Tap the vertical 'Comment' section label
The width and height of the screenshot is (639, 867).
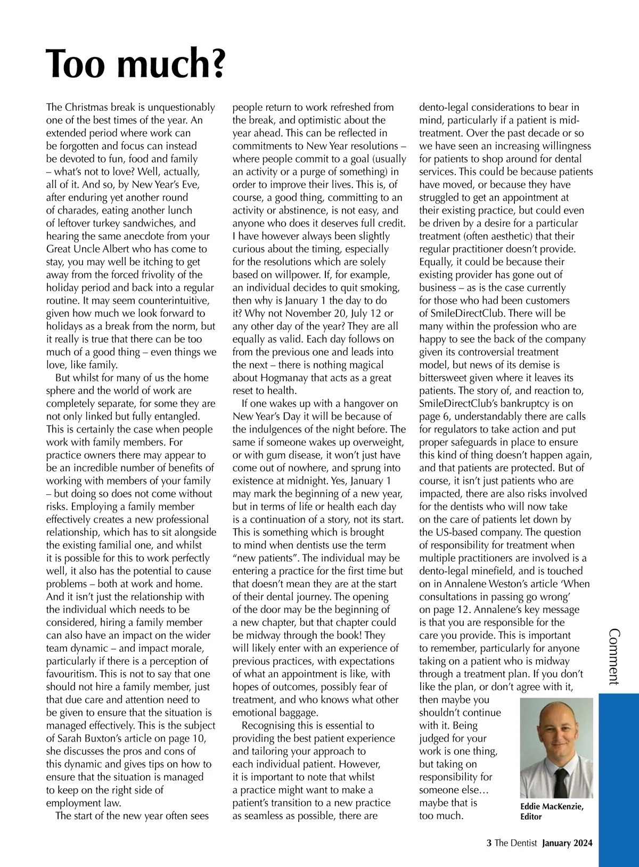pyautogui.click(x=613, y=657)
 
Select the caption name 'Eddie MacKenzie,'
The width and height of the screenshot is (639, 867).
pyautogui.click(x=552, y=807)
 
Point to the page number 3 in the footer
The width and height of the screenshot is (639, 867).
pyautogui.click(x=489, y=843)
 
